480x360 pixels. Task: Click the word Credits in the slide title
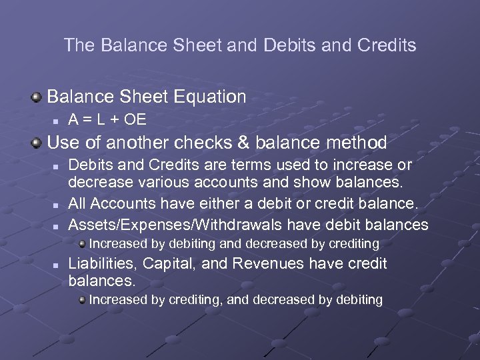tap(387, 45)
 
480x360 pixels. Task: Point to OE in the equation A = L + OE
tap(136, 120)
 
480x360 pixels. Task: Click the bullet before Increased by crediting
tap(82, 300)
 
